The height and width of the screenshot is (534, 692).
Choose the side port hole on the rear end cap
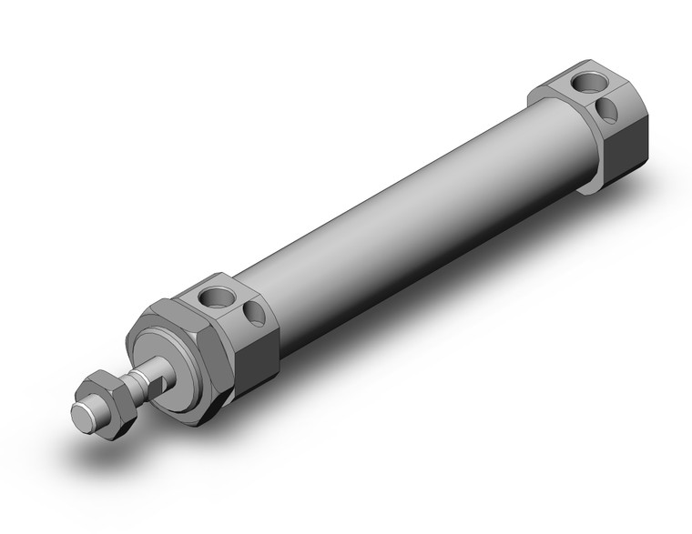[x=607, y=111]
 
